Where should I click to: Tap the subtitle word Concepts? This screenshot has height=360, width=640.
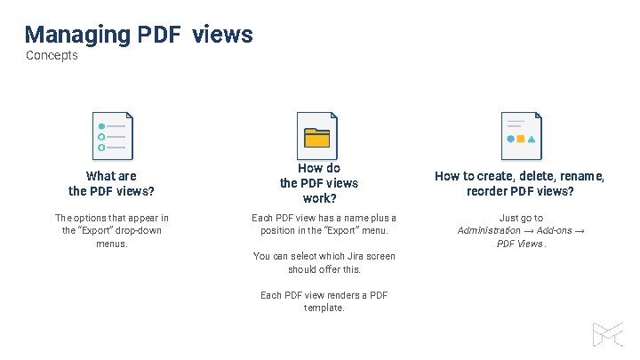[52, 56]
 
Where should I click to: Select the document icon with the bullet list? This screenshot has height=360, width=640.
[112, 136]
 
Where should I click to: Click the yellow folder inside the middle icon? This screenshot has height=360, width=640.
[316, 138]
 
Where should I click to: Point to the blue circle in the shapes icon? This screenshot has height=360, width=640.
[510, 139]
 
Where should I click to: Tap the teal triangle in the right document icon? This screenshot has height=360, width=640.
[532, 140]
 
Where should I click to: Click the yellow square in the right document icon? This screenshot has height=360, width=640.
[521, 139]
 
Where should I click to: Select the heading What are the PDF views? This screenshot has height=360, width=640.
[112, 183]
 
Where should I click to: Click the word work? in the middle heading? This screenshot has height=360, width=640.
[319, 198]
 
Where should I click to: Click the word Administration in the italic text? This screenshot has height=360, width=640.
[489, 230]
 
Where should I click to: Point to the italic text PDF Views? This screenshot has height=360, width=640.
[519, 244]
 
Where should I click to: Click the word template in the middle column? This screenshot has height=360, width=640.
[323, 308]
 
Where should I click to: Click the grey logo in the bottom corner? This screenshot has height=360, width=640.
[609, 334]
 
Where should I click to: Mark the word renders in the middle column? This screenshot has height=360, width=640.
[342, 295]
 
